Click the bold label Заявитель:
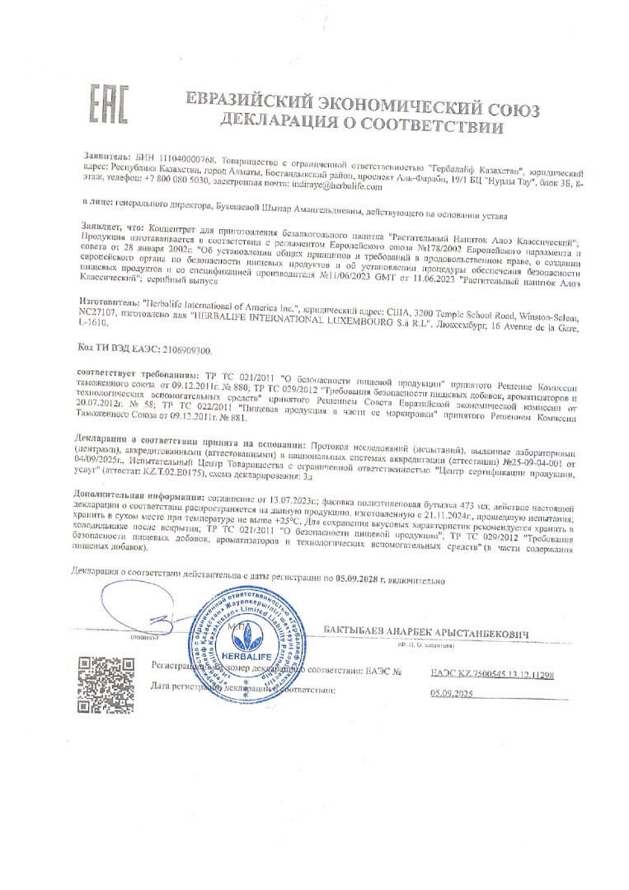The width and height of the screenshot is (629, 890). pos(107,156)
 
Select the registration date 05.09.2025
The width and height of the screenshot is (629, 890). pos(453,694)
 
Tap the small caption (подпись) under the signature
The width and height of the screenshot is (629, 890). pos(139,637)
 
